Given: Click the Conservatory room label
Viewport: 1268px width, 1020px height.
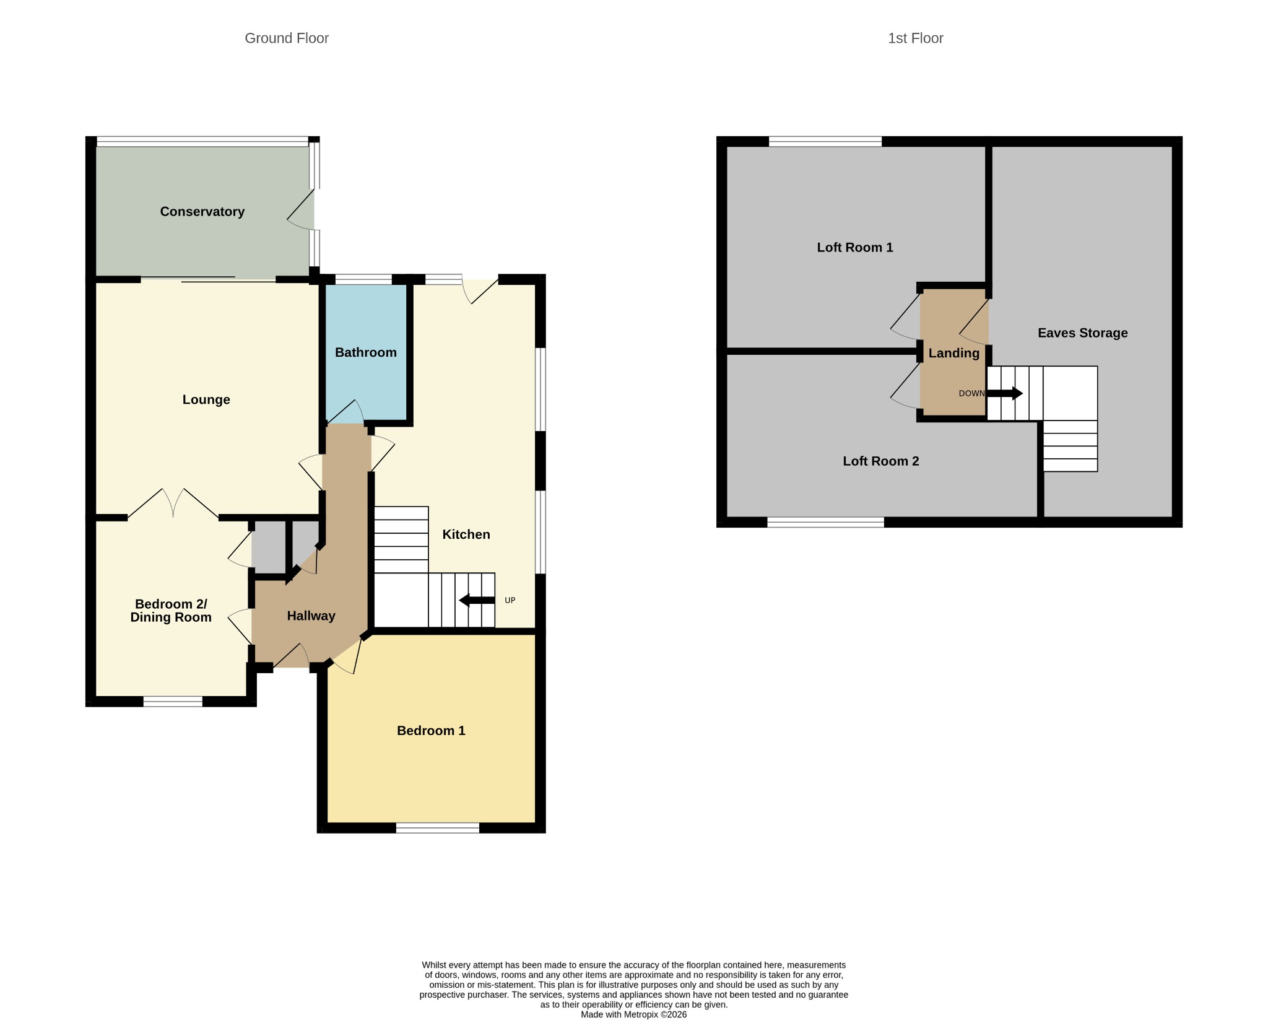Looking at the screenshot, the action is click(202, 212).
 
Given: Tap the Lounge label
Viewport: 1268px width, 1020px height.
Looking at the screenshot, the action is click(206, 400).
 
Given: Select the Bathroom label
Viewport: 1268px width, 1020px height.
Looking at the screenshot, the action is click(365, 352).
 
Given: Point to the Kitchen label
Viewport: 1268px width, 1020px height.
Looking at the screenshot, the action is click(466, 534).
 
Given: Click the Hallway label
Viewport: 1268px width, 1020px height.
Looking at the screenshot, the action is click(311, 616).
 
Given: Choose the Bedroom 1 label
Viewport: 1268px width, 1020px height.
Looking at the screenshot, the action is click(431, 731).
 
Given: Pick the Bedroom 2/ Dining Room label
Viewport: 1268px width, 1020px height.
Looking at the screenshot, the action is click(171, 611).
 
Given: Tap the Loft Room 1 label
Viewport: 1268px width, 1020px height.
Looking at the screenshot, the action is click(855, 248).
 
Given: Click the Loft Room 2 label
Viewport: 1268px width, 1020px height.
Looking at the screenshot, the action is click(881, 461).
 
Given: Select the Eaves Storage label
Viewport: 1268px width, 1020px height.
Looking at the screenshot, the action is click(1083, 333).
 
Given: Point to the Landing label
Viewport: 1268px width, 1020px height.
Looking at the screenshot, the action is click(953, 354).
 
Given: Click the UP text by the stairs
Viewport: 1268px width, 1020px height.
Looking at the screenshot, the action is click(510, 600).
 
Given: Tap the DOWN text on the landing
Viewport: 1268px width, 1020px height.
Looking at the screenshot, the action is click(971, 393).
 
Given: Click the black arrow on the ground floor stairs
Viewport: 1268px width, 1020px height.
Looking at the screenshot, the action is click(477, 600).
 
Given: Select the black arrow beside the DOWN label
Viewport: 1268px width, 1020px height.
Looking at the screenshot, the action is click(1004, 393).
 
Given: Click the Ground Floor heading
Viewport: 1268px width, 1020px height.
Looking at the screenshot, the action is click(287, 38).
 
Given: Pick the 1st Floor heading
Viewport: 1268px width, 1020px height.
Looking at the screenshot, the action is click(916, 38).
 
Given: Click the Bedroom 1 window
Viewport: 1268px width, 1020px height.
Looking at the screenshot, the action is click(438, 828).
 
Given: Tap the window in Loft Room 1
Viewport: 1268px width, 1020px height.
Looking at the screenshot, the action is click(825, 142).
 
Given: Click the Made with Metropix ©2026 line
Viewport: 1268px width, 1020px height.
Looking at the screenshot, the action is click(634, 1014).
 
